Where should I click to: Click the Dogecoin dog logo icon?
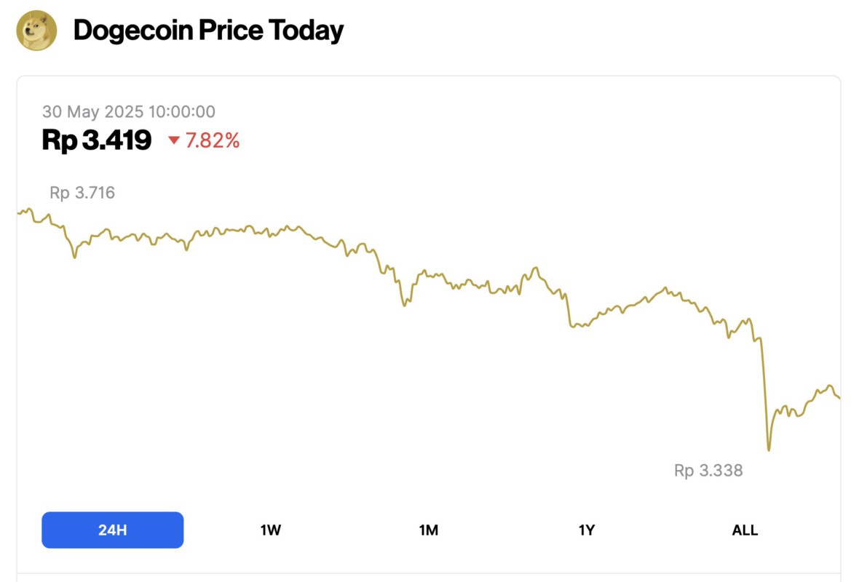(x=36, y=31)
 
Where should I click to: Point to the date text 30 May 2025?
(x=92, y=111)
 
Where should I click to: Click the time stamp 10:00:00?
(x=181, y=111)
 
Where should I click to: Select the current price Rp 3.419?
(x=97, y=140)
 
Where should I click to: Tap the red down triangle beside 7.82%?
(x=174, y=140)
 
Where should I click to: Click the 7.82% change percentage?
(x=213, y=140)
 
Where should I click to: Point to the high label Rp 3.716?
(x=82, y=193)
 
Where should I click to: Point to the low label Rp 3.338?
(x=708, y=471)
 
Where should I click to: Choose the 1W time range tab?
(x=270, y=530)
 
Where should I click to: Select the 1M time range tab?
(x=429, y=530)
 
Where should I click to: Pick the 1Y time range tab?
(x=587, y=530)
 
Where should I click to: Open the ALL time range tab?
(x=745, y=530)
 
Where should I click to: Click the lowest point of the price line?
(x=769, y=450)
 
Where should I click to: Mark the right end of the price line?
(x=839, y=397)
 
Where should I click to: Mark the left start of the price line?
(x=18, y=212)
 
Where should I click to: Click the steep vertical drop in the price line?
(x=764, y=393)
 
